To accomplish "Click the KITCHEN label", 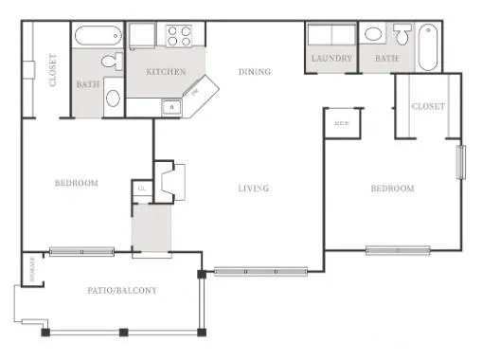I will (165, 72).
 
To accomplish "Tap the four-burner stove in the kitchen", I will (180, 36).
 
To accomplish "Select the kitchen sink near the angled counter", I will (171, 106).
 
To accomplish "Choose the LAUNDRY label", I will (330, 59).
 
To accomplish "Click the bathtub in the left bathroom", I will (98, 37).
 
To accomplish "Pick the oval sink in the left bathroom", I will (113, 97).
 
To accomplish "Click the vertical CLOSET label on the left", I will (51, 69).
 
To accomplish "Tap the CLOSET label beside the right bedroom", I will (427, 107).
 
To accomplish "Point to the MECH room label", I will (339, 123).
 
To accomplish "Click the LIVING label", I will (253, 189).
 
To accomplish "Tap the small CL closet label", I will (141, 188).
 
